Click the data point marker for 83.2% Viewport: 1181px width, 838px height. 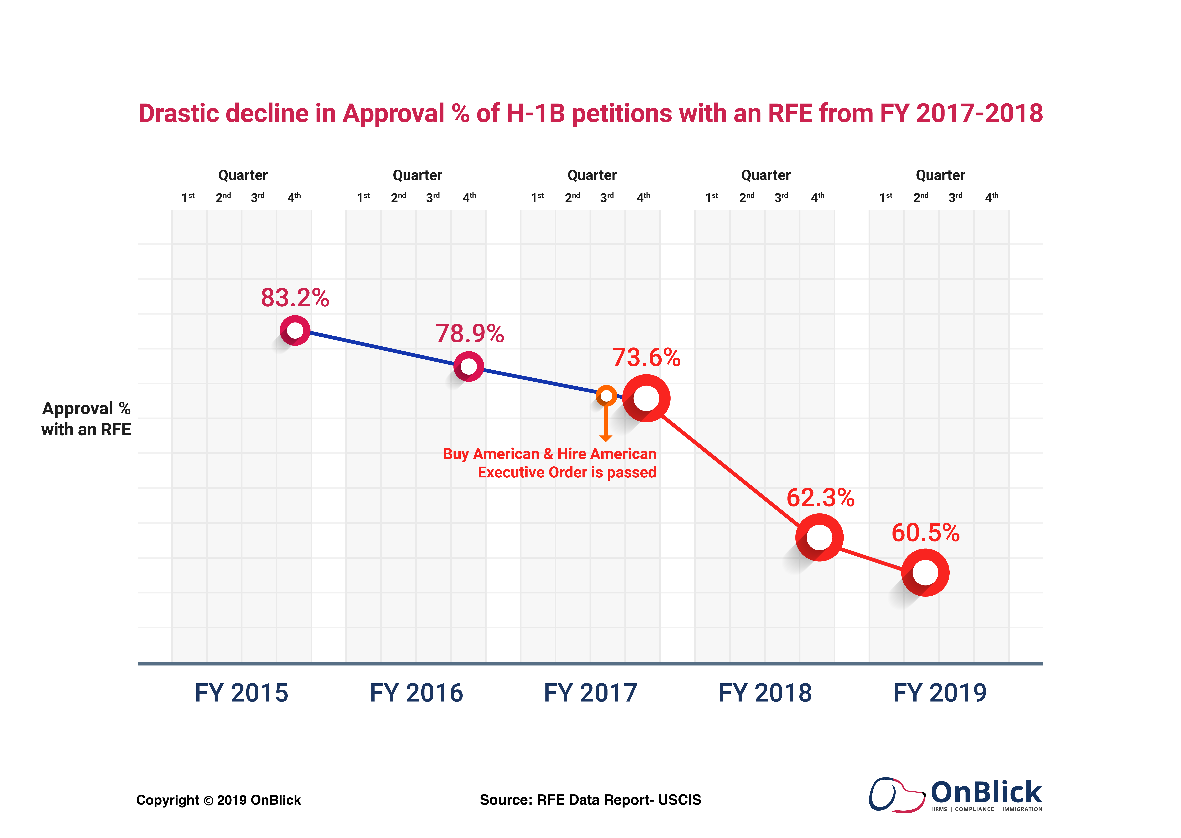tap(295, 330)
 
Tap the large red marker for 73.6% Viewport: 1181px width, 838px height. tap(646, 398)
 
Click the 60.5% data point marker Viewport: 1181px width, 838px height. tap(925, 573)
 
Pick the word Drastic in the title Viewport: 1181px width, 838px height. tap(178, 114)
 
